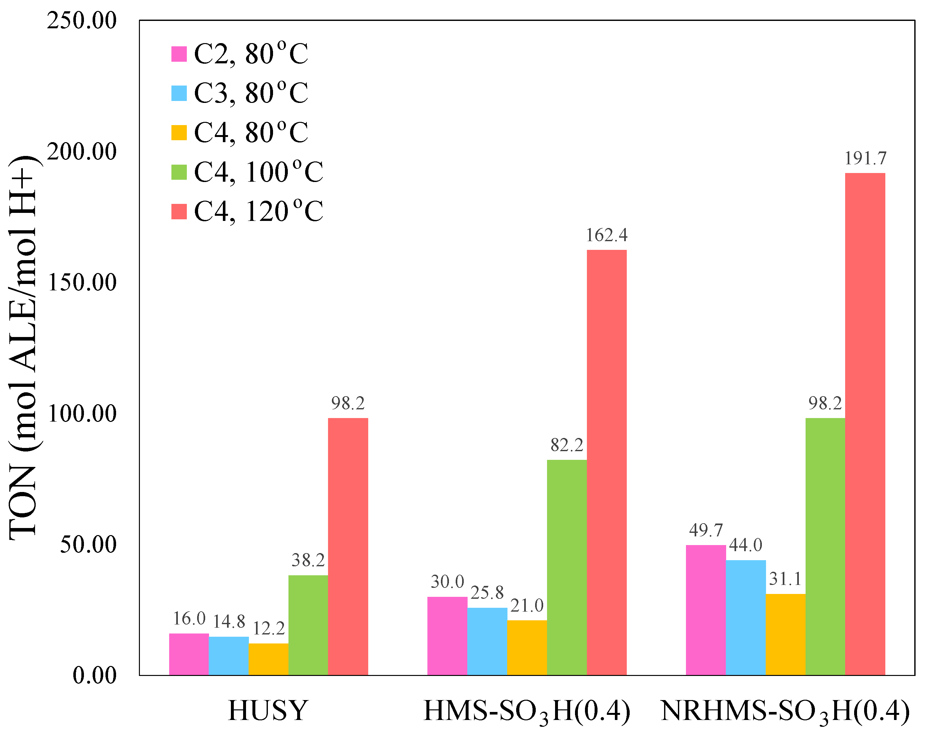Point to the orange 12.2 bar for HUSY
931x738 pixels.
(268, 660)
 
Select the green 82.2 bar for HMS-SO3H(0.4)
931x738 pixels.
(567, 568)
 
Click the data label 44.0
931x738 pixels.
(746, 545)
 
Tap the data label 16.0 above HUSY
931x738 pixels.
(189, 619)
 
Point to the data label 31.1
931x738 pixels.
(785, 579)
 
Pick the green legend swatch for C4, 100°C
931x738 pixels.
(179, 172)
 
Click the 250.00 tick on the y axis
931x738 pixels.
(82, 20)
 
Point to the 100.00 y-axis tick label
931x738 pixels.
(82, 413)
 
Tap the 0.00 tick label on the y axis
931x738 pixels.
(94, 675)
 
